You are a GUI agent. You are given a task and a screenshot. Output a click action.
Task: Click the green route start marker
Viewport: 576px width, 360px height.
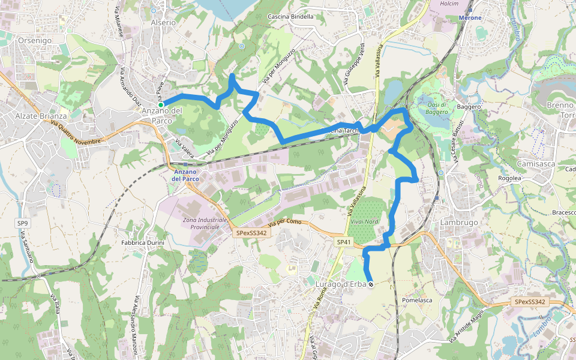[161, 104]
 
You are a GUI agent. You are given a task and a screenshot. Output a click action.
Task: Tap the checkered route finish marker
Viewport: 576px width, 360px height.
[371, 284]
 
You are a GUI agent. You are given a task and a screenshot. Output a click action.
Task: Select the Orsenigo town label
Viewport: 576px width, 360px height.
[35, 40]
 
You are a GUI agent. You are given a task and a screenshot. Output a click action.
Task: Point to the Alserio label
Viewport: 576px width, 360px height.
[163, 22]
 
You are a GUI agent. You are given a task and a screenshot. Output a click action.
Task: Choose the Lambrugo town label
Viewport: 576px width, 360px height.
[459, 222]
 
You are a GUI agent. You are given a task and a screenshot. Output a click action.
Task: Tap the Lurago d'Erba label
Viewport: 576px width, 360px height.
[340, 284]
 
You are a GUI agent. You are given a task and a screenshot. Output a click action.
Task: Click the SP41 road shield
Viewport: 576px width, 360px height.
[343, 242]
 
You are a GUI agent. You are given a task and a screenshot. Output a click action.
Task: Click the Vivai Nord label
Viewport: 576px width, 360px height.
[364, 221]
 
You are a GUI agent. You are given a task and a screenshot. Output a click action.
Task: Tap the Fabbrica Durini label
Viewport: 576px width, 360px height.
[143, 242]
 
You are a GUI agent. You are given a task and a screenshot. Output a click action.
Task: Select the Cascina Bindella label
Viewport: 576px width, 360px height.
[290, 16]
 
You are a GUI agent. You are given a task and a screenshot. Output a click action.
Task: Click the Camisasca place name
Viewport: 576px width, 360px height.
[533, 163]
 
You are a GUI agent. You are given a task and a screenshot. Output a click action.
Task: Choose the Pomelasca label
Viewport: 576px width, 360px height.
[418, 299]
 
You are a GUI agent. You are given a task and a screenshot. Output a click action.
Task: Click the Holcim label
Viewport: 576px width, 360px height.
[449, 4]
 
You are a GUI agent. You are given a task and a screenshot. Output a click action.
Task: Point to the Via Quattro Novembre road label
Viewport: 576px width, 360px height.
[77, 132]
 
